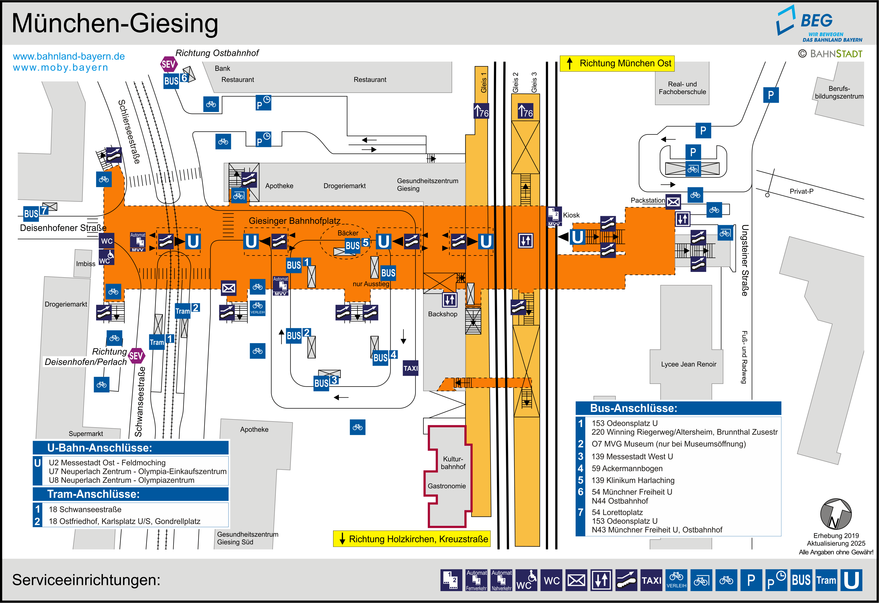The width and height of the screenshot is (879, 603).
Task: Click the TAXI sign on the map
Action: [x=410, y=368]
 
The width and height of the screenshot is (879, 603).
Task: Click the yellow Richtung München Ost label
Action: [x=617, y=63]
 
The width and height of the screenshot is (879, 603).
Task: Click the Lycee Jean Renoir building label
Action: [x=688, y=364]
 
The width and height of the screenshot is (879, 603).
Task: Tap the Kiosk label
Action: [x=571, y=215]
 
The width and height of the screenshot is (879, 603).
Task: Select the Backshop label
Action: [x=442, y=314]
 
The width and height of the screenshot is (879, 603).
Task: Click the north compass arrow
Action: [x=836, y=514]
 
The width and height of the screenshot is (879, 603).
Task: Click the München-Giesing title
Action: [x=115, y=24]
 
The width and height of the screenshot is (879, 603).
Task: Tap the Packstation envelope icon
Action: [x=673, y=202]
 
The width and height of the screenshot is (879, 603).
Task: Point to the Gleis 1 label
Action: [x=483, y=82]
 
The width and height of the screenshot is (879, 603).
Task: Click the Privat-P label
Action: [x=801, y=191]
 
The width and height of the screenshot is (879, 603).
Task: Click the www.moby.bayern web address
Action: [x=61, y=68]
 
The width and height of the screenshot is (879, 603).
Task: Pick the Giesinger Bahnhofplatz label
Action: [x=294, y=221]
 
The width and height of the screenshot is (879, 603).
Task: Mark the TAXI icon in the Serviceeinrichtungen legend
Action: [x=651, y=580]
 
